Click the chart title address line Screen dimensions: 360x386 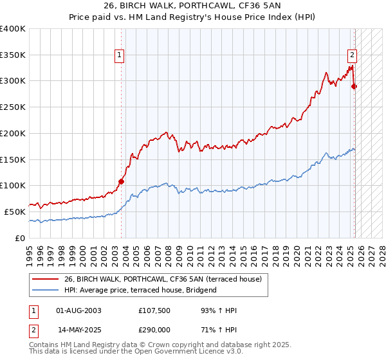[x=192, y=6]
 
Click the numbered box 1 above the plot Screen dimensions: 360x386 [x=120, y=56]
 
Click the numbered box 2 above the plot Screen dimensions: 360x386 [x=353, y=56]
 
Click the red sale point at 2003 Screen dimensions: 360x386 [x=121, y=181]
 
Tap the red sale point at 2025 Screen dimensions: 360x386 [x=354, y=86]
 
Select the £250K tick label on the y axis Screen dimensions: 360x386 [x=13, y=107]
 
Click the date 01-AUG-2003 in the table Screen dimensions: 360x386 [x=78, y=310]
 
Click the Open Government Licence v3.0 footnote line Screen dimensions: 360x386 [x=136, y=352]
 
